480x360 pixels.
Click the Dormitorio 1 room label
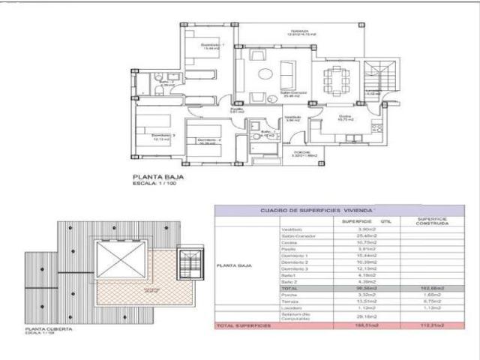click(x=212, y=46)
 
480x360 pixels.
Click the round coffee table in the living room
click(x=265, y=73)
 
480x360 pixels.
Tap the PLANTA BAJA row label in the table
click(x=233, y=265)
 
